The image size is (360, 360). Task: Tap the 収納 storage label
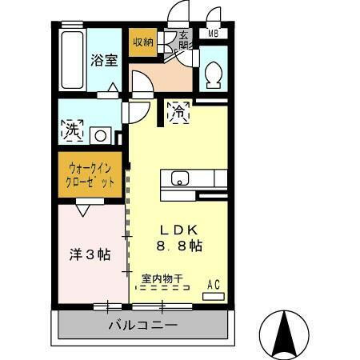tap(142, 41)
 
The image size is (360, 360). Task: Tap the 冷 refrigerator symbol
tap(177, 114)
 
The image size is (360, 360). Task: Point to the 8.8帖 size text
tap(178, 246)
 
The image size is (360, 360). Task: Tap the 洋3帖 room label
tap(89, 254)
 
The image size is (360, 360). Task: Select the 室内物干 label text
tap(162, 278)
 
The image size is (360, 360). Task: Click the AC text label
tap(214, 283)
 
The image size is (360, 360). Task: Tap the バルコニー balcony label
tap(142, 326)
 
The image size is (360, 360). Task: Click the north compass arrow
tap(284, 331)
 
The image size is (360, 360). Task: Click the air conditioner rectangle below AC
tap(214, 296)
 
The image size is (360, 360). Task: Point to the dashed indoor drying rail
tap(160, 288)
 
